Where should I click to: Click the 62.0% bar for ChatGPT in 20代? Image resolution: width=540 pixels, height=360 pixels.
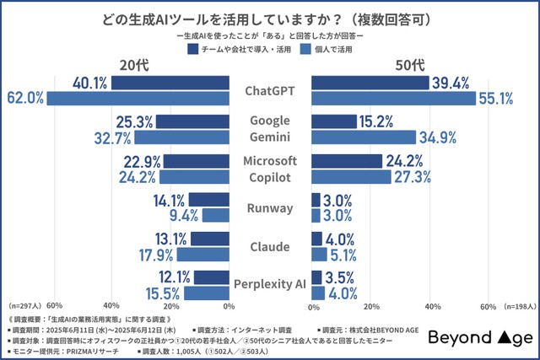pos(138,99)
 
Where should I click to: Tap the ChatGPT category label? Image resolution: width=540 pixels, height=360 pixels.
pos(270,90)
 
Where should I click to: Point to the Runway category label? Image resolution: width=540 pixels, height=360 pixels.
pos(270,207)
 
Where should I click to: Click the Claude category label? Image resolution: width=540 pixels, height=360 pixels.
pos(270,246)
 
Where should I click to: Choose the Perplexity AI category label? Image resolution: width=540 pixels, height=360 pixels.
pos(270,285)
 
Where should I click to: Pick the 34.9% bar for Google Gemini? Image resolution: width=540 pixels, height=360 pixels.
pos(364,137)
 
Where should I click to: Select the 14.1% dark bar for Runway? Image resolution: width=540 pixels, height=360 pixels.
pos(209,199)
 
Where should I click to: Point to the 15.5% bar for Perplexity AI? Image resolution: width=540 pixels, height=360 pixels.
pos(207,293)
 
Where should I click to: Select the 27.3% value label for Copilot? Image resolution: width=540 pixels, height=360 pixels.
pos(413,176)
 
